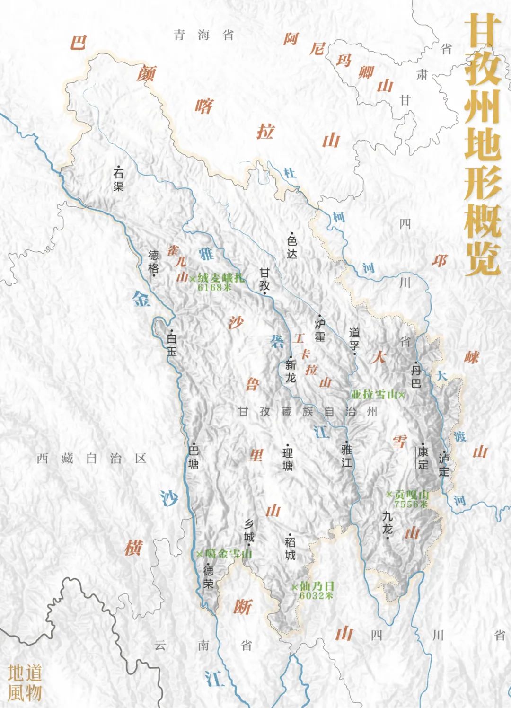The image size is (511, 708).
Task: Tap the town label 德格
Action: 154,262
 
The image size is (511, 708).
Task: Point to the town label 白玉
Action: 171,345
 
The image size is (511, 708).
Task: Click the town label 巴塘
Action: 194,457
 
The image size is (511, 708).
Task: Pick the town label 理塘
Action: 288,460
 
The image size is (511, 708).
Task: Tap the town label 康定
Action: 423,457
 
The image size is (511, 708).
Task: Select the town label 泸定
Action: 444,464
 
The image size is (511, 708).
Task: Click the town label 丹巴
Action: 416,376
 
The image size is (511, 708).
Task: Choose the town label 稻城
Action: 291,548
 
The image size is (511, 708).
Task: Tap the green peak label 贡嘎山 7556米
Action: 408,499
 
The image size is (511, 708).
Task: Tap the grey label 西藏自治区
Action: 92,458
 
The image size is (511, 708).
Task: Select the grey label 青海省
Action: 203,35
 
